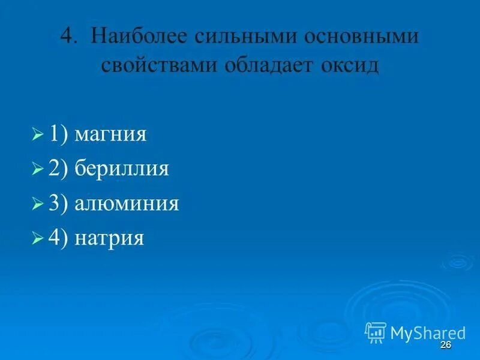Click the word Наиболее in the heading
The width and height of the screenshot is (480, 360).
[139, 37]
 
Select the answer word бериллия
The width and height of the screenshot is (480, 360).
[122, 169]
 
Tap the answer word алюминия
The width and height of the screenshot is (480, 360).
[127, 204]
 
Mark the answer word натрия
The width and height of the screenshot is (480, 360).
[110, 239]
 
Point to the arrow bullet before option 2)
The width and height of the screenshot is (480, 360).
[37, 169]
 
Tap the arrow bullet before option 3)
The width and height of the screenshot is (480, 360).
[37, 204]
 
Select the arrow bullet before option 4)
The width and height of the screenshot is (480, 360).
[37, 239]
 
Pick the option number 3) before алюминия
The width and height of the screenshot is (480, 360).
[59, 204]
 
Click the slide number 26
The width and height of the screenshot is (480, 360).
[445, 344]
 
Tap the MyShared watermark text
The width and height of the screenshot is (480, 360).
[428, 332]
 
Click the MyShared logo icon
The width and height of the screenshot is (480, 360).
[376, 332]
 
